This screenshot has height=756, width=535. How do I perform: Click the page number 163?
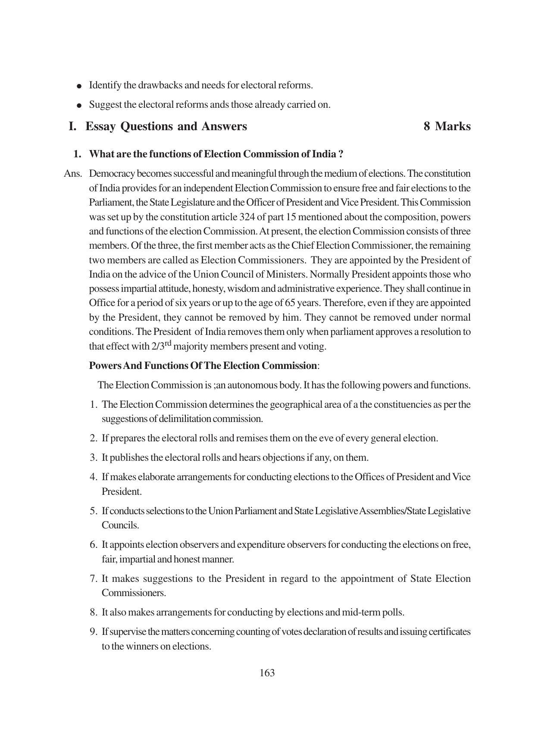click(x=267, y=673)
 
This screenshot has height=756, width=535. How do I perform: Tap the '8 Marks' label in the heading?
click(x=447, y=126)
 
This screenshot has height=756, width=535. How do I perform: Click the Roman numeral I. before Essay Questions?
click(x=72, y=126)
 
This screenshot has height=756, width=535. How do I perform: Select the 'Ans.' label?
click(x=73, y=174)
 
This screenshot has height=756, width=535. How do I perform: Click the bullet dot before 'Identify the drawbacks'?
click(x=79, y=86)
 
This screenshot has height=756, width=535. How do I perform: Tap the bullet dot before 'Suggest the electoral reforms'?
click(x=79, y=105)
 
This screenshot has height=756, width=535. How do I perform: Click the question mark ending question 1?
click(x=341, y=154)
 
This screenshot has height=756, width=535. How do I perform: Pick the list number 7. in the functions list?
click(x=94, y=578)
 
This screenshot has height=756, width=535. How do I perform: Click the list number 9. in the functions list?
click(x=94, y=631)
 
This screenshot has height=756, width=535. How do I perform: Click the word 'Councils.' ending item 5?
click(x=120, y=525)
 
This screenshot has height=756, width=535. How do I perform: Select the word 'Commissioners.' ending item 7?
click(x=134, y=593)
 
